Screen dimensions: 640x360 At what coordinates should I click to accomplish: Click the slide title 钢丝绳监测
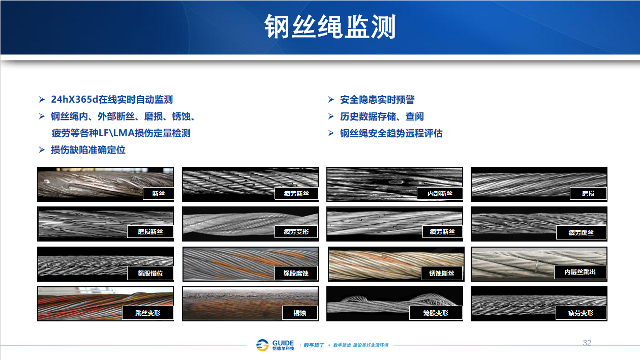pyautogui.click(x=330, y=26)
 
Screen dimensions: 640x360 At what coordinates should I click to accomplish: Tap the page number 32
pyautogui.click(x=587, y=343)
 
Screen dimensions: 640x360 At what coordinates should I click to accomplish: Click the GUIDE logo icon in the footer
pyautogui.click(x=262, y=345)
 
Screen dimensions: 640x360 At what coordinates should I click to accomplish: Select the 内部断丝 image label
pyautogui.click(x=440, y=193)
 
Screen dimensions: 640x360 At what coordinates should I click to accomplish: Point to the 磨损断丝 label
pyautogui.click(x=150, y=231)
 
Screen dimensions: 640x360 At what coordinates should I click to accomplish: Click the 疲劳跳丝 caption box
pyautogui.click(x=581, y=232)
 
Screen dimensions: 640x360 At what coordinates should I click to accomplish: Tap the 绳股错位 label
pyautogui.click(x=150, y=273)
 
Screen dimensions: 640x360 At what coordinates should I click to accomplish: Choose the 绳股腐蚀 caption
pyautogui.click(x=296, y=273)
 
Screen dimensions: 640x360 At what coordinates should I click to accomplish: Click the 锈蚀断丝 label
pyautogui.click(x=441, y=273)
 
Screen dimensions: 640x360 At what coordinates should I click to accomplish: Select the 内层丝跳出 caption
pyautogui.click(x=580, y=272)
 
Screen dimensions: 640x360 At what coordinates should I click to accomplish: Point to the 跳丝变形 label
pyautogui.click(x=148, y=313)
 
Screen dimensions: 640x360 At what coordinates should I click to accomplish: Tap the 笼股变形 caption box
pyautogui.click(x=436, y=313)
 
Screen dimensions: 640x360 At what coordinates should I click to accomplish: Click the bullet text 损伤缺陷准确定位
pyautogui.click(x=88, y=149)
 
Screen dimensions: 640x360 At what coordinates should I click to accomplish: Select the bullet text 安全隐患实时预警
pyautogui.click(x=377, y=100)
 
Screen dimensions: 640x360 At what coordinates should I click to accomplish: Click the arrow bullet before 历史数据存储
pyautogui.click(x=331, y=116)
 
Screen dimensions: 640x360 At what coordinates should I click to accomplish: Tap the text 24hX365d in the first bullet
pyautogui.click(x=74, y=100)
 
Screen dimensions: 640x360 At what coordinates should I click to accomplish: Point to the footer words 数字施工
pyautogui.click(x=314, y=345)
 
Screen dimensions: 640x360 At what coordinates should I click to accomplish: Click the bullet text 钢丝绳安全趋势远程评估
pyautogui.click(x=391, y=133)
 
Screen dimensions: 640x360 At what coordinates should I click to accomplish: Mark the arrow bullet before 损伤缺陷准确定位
pyautogui.click(x=42, y=149)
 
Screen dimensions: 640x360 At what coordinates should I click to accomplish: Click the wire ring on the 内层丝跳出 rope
pyautogui.click(x=537, y=266)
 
